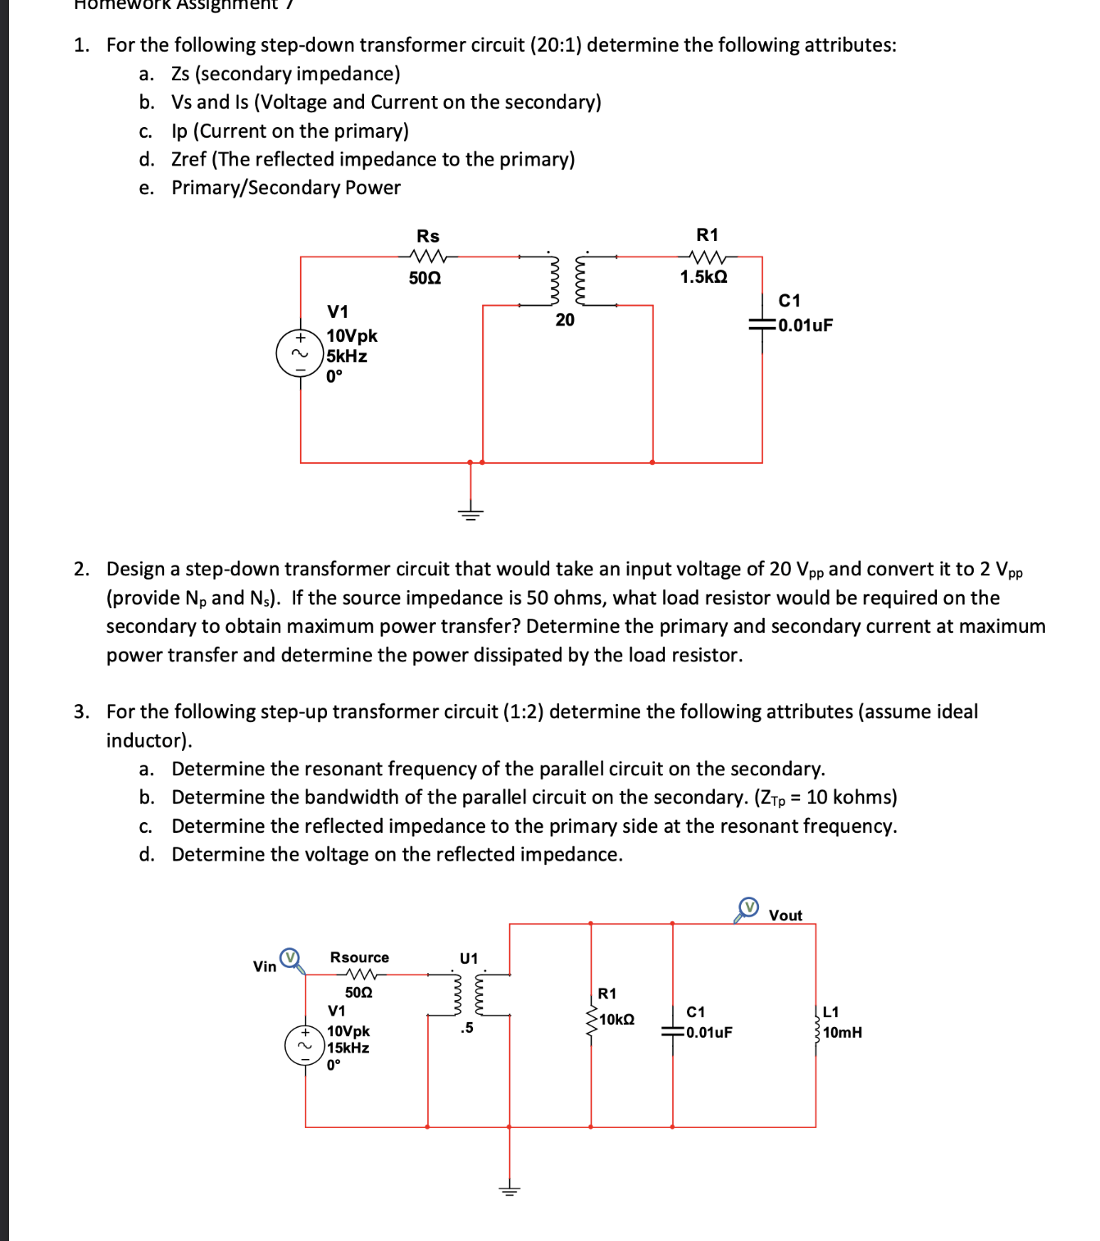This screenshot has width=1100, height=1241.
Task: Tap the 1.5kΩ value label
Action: [703, 277]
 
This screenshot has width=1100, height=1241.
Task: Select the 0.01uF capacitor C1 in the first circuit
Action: [762, 325]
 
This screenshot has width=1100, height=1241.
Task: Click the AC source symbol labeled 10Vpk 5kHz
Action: [300, 354]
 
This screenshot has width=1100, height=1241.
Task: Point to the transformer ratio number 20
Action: [565, 320]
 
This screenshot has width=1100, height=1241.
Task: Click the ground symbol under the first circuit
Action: [470, 513]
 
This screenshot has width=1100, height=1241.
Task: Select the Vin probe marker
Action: [290, 958]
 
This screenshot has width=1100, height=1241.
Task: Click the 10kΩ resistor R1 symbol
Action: [591, 1021]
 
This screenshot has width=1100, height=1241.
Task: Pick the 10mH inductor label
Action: [843, 1033]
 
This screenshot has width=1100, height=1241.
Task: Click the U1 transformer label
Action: [469, 958]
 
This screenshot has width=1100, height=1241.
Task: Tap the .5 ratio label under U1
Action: [466, 1028]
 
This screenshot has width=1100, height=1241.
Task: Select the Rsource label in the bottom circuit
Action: [359, 957]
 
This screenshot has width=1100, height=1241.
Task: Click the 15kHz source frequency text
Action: [348, 1048]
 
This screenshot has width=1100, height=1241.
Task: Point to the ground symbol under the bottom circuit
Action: [509, 1189]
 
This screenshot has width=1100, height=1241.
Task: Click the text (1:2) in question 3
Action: [522, 711]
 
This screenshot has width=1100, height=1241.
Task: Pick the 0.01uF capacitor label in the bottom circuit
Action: [709, 1032]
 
